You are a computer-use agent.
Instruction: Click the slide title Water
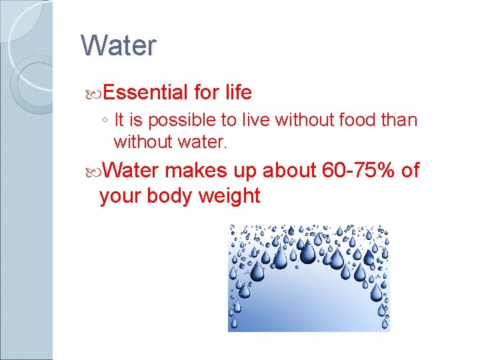click(x=118, y=46)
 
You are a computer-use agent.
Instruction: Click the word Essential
click(x=145, y=92)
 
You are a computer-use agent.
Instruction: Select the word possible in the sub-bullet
click(x=171, y=121)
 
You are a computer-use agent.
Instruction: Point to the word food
click(x=357, y=121)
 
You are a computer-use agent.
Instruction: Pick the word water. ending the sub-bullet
click(x=203, y=142)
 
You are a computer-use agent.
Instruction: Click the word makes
click(x=198, y=171)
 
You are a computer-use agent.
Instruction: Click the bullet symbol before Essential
click(x=91, y=93)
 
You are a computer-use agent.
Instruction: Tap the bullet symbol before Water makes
click(x=91, y=171)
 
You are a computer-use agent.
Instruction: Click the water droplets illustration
click(x=309, y=277)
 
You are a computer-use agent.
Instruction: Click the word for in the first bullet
click(x=205, y=92)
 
